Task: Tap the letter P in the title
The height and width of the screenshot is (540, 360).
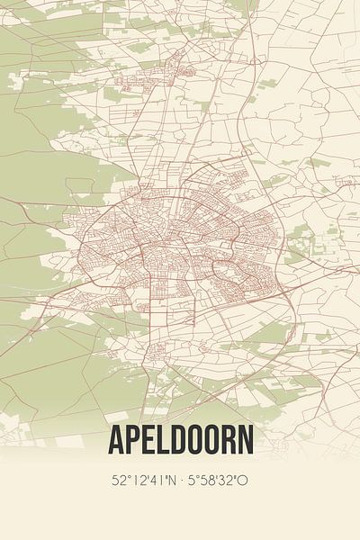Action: (133, 440)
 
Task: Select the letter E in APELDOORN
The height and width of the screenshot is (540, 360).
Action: (149, 440)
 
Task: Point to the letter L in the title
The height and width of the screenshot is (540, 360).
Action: (164, 440)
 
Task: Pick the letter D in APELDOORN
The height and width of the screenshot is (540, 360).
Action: (179, 440)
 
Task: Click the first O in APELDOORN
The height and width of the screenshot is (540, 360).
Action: (196, 440)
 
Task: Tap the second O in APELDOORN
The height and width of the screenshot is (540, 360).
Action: (214, 440)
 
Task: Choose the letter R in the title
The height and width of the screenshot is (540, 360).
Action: (231, 440)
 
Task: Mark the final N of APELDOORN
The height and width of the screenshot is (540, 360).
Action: (248, 440)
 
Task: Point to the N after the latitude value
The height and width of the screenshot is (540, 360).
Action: (174, 481)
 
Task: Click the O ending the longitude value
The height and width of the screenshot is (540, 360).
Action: (244, 481)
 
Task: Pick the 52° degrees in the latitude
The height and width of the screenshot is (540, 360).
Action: (120, 481)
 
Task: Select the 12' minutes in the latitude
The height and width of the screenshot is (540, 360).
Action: (139, 481)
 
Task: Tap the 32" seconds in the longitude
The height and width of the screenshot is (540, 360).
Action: (230, 481)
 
